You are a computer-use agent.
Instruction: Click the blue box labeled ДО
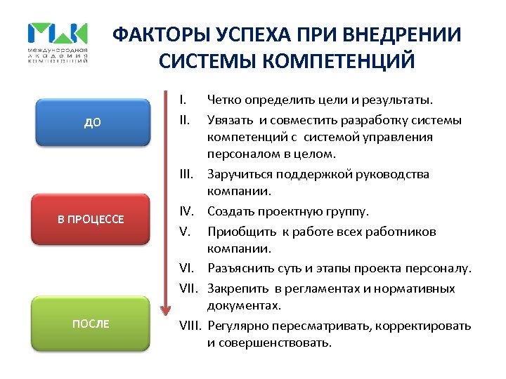coord(93,122)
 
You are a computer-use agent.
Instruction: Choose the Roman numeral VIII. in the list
coord(190,325)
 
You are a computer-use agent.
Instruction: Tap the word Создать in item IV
coord(230,211)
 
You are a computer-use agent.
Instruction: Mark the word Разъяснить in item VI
coord(238,269)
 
